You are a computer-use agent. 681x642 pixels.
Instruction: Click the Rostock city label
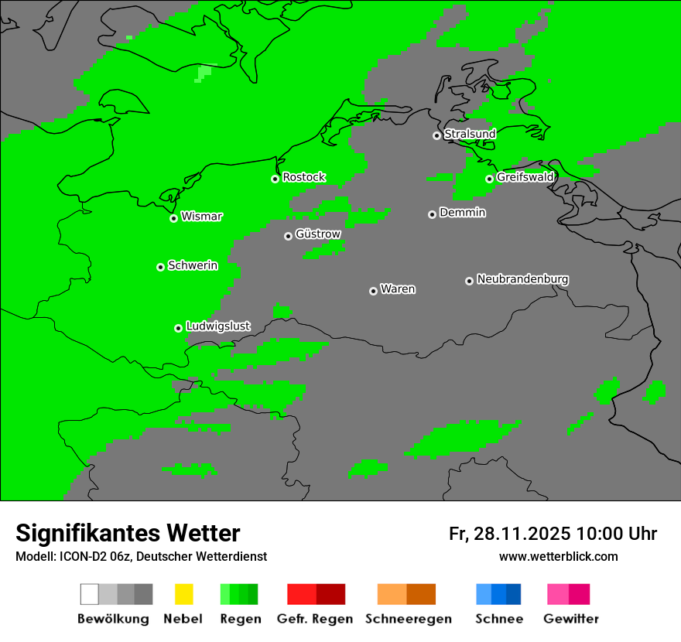coord(304,177)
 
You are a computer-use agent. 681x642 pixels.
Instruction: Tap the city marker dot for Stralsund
coord(436,135)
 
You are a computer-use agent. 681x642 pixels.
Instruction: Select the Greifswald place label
coord(525,177)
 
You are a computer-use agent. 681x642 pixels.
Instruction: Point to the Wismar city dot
coord(174,218)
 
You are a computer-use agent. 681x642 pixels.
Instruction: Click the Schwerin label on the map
coord(193,265)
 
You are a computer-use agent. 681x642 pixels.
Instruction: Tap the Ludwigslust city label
coord(218,326)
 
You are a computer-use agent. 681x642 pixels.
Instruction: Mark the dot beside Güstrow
coord(288,236)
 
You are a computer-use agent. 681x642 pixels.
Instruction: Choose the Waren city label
coord(398,289)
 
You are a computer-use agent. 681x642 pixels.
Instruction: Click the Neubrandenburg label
coord(523,279)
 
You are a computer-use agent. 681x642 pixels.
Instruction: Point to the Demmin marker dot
coord(432,214)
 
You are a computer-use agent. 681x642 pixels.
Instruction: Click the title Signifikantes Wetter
coord(128,533)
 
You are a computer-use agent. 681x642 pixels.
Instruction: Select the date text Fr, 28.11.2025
coord(509,534)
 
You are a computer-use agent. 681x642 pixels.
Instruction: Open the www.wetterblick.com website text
coord(559,556)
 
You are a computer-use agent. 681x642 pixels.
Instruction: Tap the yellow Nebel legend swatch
coord(183,594)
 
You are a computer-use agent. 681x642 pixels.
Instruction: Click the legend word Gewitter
coord(571,619)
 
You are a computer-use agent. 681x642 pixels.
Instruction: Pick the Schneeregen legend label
coord(408,619)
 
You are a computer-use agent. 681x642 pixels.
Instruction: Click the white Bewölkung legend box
coord(90,594)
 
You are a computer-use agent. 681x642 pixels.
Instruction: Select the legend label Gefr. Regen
coord(315,619)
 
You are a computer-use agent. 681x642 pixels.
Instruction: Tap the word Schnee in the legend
coord(499,619)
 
